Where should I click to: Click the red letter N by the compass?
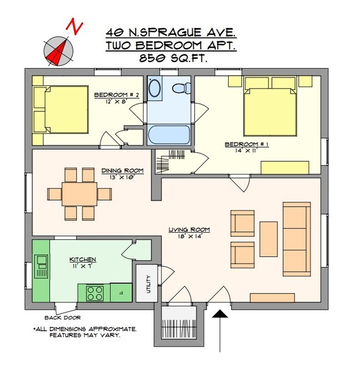pyautogui.click(x=75, y=26)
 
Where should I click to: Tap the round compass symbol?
pyautogui.click(x=59, y=51)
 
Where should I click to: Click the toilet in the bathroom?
pyautogui.click(x=182, y=88)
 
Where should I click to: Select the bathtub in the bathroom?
pyautogui.click(x=169, y=135)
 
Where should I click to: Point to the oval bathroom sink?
pyautogui.click(x=155, y=88)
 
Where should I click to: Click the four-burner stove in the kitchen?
pyautogui.click(x=95, y=293)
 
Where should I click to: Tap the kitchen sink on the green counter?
pyautogui.click(x=42, y=266)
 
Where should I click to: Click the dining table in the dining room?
pyautogui.click(x=80, y=194)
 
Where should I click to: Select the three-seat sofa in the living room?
pyautogui.click(x=297, y=239)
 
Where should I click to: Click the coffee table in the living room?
pyautogui.click(x=269, y=239)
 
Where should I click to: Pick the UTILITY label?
pyautogui.click(x=148, y=284)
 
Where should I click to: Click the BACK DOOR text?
pyautogui.click(x=63, y=317)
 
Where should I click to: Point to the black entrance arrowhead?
pyautogui.click(x=220, y=314)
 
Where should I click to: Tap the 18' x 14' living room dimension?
pyautogui.click(x=191, y=236)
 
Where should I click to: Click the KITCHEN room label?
pyautogui.click(x=83, y=259)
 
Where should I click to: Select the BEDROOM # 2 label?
pyautogui.click(x=116, y=95)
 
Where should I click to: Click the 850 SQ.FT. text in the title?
pyautogui.click(x=173, y=58)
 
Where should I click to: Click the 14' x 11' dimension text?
pyautogui.click(x=246, y=150)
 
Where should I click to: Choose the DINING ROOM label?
pyautogui.click(x=122, y=171)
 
